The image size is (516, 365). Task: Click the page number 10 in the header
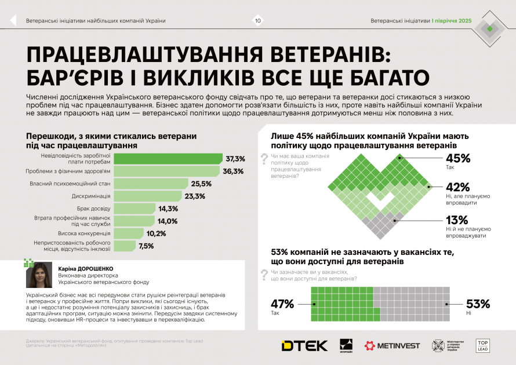coord(257,21)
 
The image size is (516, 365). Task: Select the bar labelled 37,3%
coord(168,159)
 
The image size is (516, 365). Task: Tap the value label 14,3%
coord(168,209)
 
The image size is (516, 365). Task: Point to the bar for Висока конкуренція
coord(128,233)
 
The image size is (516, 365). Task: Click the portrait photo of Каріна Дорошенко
coord(39,275)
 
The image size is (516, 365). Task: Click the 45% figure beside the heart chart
coord(457,158)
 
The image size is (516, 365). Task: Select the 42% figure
coord(457,187)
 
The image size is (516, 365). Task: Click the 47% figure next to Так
coord(283,304)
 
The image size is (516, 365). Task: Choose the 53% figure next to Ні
coord(478,304)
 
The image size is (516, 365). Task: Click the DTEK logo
coord(304,346)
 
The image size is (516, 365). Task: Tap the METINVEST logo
coord(392,346)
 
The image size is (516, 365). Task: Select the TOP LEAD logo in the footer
coord(483,346)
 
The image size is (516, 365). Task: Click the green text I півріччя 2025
coord(451,21)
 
